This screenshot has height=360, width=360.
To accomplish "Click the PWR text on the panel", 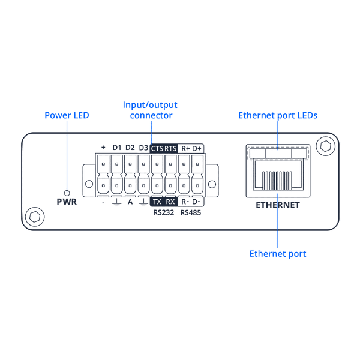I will [67, 202].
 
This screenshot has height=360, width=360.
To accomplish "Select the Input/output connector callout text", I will [151, 110].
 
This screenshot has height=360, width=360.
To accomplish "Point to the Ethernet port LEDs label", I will [278, 115].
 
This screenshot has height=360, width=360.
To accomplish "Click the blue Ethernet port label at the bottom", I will [278, 254].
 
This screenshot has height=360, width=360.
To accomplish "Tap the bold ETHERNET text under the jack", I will [278, 205].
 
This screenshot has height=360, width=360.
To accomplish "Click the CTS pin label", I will [157, 148].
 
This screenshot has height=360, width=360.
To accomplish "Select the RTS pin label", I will [171, 148].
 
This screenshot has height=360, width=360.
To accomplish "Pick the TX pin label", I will [157, 202].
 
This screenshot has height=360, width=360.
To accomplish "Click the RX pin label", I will [170, 202].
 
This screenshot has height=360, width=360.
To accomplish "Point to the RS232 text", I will [163, 212].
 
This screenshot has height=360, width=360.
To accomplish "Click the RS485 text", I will [191, 212].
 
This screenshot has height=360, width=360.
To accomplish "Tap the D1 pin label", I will [117, 148].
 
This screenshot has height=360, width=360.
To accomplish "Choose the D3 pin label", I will [143, 148].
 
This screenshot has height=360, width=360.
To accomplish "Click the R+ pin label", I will [185, 148].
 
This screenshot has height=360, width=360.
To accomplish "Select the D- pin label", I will [197, 202].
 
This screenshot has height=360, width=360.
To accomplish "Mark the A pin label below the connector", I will [130, 202].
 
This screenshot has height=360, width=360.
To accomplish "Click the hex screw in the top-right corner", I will [326, 146].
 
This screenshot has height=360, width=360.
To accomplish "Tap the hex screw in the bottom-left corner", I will [35, 216].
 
